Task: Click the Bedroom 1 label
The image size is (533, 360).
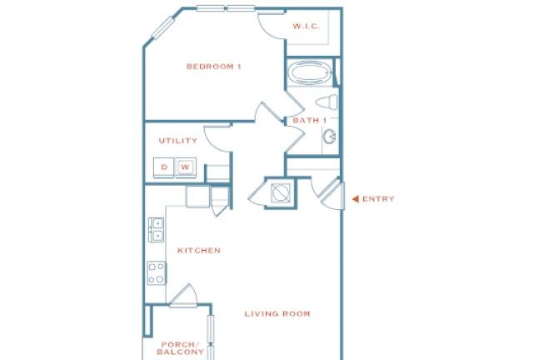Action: coord(214,67)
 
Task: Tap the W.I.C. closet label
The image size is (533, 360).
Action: coord(306,26)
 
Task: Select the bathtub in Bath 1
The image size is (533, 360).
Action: coord(310,72)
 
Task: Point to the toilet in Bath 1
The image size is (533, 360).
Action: coord(326,102)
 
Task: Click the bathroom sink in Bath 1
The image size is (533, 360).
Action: coord(330,137)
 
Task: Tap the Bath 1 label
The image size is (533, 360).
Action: coord(309,120)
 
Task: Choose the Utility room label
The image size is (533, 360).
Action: coord(177,141)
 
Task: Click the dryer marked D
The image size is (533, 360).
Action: coord(164,167)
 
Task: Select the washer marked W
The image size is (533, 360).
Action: coord(186,167)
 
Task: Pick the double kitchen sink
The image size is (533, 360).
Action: coord(157,230)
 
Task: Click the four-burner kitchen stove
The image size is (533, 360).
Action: coord(157,272)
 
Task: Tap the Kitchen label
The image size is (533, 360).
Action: coord(199,251)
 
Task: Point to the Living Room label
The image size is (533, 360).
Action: coord(277,313)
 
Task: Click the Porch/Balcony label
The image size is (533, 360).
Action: coord(180,348)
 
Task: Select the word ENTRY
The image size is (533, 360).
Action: coord(378,199)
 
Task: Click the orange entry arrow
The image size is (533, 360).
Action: coord(356,199)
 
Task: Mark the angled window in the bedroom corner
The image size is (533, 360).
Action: coord(163,27)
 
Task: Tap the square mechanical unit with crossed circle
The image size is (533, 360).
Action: coord(281,193)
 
